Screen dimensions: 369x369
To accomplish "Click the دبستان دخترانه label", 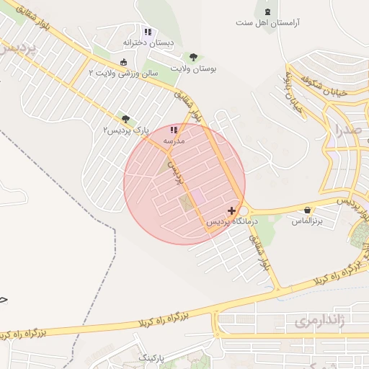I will (x=148, y=43).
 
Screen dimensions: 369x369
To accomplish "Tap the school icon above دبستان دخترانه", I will (x=148, y=32).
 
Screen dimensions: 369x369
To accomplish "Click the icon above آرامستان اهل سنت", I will (x=269, y=12).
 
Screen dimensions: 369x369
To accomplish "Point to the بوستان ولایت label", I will (x=194, y=68).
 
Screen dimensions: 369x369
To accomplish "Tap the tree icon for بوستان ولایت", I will (x=193, y=57).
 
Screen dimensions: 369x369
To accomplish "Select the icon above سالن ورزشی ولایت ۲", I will (x=125, y=62).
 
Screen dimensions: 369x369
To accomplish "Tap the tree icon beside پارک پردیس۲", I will (x=125, y=119).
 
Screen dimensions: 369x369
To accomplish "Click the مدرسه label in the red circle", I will (x=173, y=141).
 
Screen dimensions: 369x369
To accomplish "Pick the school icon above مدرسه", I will (x=173, y=130).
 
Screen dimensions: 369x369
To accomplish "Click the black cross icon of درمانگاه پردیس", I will (x=231, y=211).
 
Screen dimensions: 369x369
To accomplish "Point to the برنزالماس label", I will (x=308, y=221).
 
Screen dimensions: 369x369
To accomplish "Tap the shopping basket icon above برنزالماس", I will (x=308, y=210).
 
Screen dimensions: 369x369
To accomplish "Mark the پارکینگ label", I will (x=151, y=357).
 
